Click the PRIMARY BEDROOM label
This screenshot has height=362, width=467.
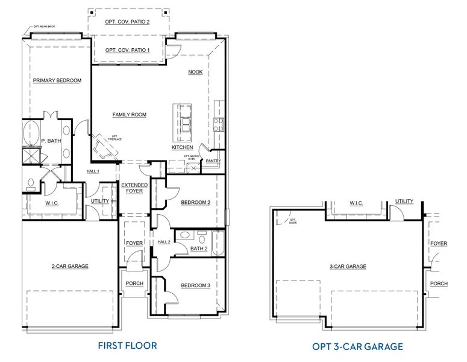(x=57, y=80)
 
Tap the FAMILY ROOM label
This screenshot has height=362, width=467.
(x=129, y=115)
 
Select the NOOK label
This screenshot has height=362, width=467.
(x=195, y=72)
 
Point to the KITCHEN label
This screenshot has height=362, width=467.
(x=183, y=147)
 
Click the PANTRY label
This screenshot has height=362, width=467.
(x=213, y=161)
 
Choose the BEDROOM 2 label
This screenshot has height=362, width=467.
(x=195, y=203)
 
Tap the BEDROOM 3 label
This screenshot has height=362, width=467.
(x=195, y=285)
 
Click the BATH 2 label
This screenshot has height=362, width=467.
(x=199, y=248)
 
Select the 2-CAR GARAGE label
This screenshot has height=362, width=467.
(x=70, y=266)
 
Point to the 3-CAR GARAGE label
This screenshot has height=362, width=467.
(x=348, y=266)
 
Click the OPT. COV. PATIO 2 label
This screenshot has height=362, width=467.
(x=127, y=22)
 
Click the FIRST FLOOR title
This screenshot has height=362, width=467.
(x=127, y=346)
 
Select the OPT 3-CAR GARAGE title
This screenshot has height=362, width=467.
(x=357, y=346)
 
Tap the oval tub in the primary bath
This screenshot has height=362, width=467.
(x=30, y=133)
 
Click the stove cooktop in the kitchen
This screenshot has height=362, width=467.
(x=217, y=124)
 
